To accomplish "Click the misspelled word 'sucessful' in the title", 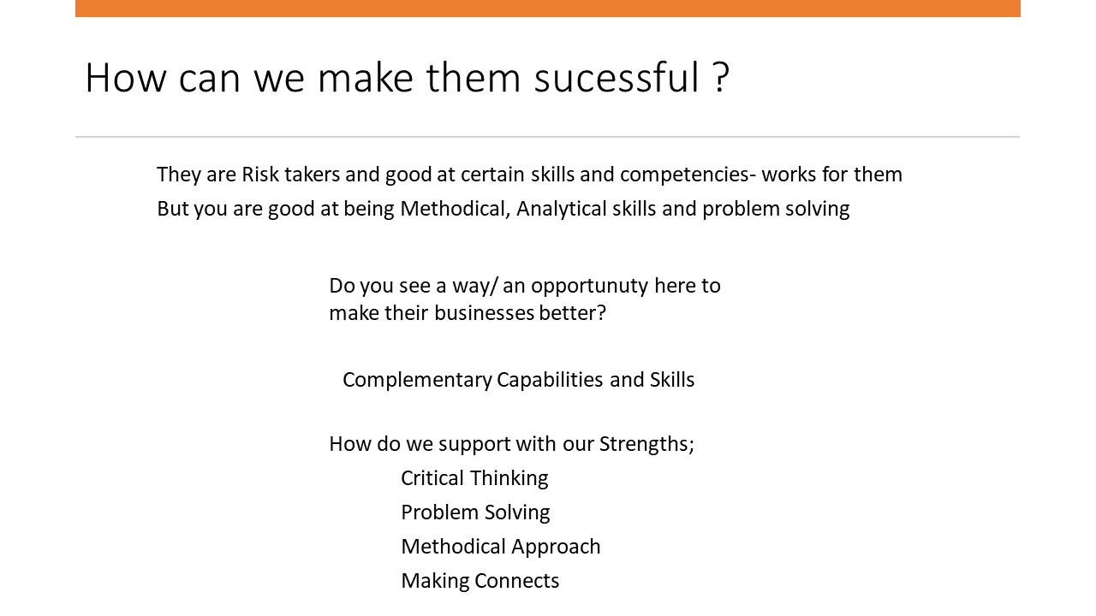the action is click(616, 77).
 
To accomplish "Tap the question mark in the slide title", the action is click(722, 77).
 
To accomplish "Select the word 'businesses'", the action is click(484, 313).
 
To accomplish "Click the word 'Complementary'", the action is click(417, 381).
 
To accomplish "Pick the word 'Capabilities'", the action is click(550, 381).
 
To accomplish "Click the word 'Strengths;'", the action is click(646, 445).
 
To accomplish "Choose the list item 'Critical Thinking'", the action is click(474, 478).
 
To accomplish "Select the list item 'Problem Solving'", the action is click(475, 512).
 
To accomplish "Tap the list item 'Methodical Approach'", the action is click(501, 547).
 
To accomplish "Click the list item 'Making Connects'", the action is click(480, 581).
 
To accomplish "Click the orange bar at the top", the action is click(548, 9).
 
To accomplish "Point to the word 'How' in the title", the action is click(126, 77).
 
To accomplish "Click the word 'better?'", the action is click(573, 313).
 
